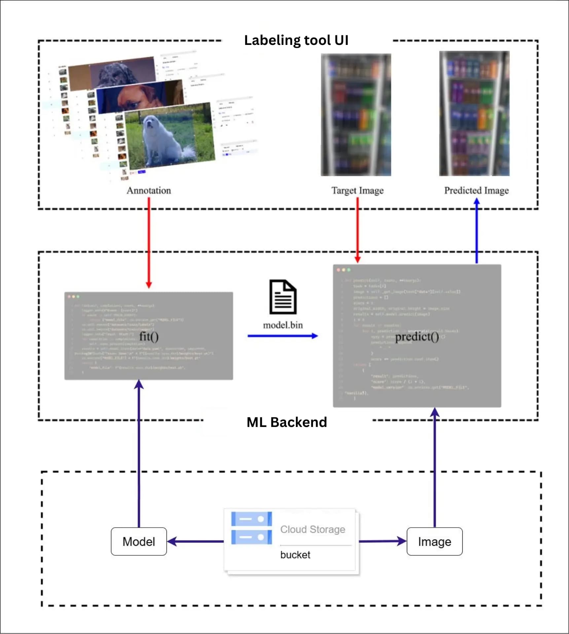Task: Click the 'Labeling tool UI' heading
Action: (296, 40)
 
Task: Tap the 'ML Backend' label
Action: (287, 422)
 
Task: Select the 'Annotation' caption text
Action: (149, 191)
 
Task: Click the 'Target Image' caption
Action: (357, 191)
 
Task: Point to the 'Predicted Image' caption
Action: (476, 191)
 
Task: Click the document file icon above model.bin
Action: (283, 297)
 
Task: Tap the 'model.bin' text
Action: (283, 325)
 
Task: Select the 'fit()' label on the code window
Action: (149, 336)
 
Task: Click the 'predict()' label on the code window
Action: (417, 336)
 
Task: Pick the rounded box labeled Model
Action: (139, 542)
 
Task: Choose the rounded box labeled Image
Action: (434, 542)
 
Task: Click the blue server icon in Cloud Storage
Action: (251, 528)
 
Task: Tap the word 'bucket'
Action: (295, 555)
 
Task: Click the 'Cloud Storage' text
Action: (312, 529)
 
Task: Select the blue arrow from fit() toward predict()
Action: (282, 336)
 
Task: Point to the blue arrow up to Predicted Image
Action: (477, 231)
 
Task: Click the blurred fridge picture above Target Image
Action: (356, 115)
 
